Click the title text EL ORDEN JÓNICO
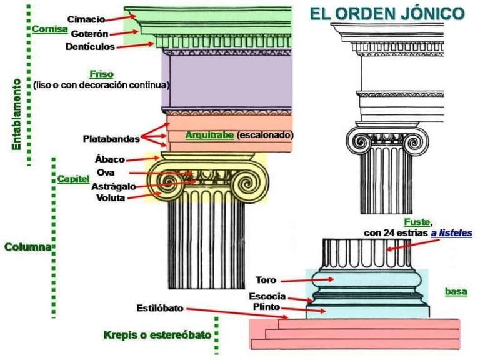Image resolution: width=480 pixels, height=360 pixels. pos(387,14)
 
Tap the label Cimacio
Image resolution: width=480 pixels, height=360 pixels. pos(86,19)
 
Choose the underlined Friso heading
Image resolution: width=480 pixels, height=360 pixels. pos(101,74)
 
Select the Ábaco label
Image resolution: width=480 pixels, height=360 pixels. pos(109,160)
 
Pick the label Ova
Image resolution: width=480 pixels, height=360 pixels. pos(105,172)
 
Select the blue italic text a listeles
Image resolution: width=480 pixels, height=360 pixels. pos(451,233)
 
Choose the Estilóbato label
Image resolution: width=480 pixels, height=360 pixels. pos(160,308)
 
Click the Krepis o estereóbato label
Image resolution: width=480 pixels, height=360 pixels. pos(157,336)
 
